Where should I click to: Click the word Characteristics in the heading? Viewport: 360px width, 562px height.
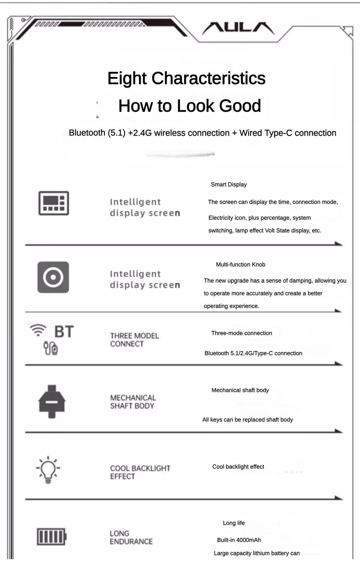[208, 78]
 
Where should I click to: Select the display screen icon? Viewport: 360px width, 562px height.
[53, 203]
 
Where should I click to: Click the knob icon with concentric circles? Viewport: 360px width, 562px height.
[53, 277]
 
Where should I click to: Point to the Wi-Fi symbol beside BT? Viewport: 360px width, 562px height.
[38, 330]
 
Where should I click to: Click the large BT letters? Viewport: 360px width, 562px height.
[64, 332]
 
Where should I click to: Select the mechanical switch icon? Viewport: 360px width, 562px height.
[52, 401]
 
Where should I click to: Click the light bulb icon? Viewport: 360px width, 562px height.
[48, 470]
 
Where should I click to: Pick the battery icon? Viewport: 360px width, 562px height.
[52, 536]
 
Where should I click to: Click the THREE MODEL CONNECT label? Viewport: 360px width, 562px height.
[134, 340]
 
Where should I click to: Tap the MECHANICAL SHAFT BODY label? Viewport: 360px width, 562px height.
[133, 402]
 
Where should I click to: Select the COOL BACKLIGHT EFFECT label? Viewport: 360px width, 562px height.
[140, 472]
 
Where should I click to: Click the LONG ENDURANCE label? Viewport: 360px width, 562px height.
[131, 537]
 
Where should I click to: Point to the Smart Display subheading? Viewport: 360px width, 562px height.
[229, 184]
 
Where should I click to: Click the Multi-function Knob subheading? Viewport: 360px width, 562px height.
[240, 264]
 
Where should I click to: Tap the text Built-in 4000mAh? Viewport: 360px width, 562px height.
[239, 540]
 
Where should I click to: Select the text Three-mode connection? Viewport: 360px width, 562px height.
[242, 333]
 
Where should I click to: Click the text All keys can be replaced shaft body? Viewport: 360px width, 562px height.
[247, 419]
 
